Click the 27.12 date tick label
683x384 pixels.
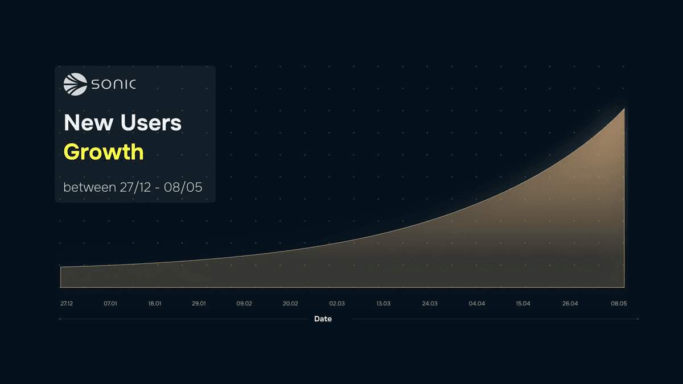tap(67, 304)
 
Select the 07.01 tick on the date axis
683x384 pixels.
tap(110, 304)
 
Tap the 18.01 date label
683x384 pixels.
tap(155, 304)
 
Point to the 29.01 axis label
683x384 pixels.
tap(199, 304)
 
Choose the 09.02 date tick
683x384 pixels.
tap(244, 304)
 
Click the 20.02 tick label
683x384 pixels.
tap(290, 304)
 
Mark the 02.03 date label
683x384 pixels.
tap(336, 304)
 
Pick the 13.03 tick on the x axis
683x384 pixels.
tap(383, 304)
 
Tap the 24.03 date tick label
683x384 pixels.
tap(430, 304)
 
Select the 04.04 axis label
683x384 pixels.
tap(477, 304)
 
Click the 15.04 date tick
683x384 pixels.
tap(523, 304)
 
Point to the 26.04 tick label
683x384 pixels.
tap(570, 304)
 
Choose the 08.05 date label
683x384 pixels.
tap(619, 304)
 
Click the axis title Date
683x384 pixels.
tap(323, 319)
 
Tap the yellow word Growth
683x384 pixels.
tap(104, 152)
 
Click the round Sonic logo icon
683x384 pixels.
tap(75, 84)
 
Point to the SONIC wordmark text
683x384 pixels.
tap(113, 85)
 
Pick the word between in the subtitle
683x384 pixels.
tap(89, 187)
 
